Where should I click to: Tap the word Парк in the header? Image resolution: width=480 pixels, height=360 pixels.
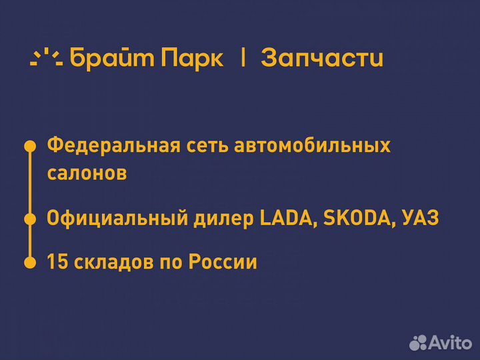pyautogui.click(x=192, y=58)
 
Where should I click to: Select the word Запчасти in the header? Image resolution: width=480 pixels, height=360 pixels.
pyautogui.click(x=322, y=58)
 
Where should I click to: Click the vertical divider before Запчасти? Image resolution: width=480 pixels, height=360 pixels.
pyautogui.click(x=243, y=58)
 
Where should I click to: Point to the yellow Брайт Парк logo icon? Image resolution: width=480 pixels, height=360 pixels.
pyautogui.click(x=46, y=58)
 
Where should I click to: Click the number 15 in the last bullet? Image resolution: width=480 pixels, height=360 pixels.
pyautogui.click(x=55, y=262)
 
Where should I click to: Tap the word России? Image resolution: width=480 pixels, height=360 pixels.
pyautogui.click(x=223, y=262)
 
